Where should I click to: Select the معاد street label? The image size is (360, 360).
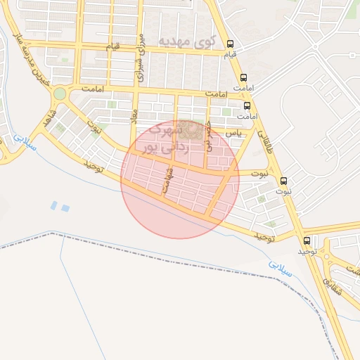click(x=134, y=113)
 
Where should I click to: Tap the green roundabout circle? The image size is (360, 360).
click(x=60, y=94)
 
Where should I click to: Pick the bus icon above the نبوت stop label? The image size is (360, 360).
click(x=284, y=181)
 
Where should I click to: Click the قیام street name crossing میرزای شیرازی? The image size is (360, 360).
click(x=112, y=46)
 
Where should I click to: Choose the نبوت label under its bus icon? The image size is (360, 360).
click(x=283, y=191)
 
